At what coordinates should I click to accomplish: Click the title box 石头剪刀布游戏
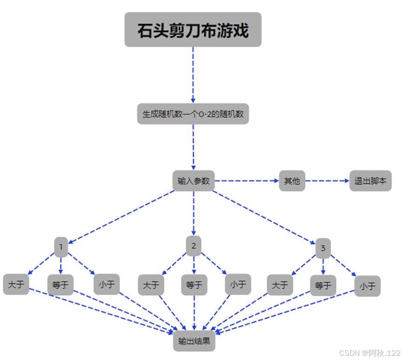tap(193, 30)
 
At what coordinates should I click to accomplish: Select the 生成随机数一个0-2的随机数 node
tap(193, 114)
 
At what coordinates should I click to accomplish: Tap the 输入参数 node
tap(193, 181)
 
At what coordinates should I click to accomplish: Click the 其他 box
tap(292, 181)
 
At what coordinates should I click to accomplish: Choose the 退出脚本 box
tap(370, 181)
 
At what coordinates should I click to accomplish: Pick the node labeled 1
tap(61, 247)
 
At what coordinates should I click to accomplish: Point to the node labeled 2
tap(193, 246)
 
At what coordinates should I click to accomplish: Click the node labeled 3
tap(323, 249)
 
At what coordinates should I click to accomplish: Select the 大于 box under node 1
tap(16, 284)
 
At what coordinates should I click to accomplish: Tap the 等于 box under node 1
tap(60, 285)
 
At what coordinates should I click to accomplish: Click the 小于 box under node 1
tap(107, 284)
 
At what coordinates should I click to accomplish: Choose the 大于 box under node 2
tap(151, 285)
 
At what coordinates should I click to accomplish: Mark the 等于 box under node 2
tap(194, 285)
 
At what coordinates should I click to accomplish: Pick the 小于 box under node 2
tap(238, 284)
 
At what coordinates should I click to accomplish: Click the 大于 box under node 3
tap(280, 285)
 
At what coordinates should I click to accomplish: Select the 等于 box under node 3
tap(323, 285)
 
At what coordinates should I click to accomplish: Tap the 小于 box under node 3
tap(367, 286)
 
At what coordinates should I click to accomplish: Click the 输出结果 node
tap(194, 341)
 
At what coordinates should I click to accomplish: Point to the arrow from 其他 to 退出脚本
tap(327, 181)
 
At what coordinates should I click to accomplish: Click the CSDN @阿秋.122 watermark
tap(369, 353)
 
